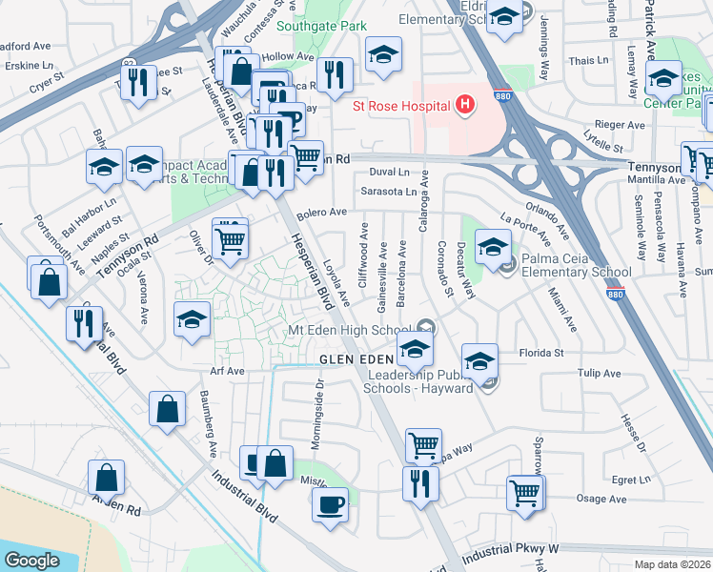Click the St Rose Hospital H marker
point(465,104)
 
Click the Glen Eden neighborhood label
point(355,358)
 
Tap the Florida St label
point(542,353)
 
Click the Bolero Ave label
point(321,214)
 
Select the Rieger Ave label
point(621,125)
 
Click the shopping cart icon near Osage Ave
point(524,493)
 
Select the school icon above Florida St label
point(479,360)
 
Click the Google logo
point(31,560)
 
